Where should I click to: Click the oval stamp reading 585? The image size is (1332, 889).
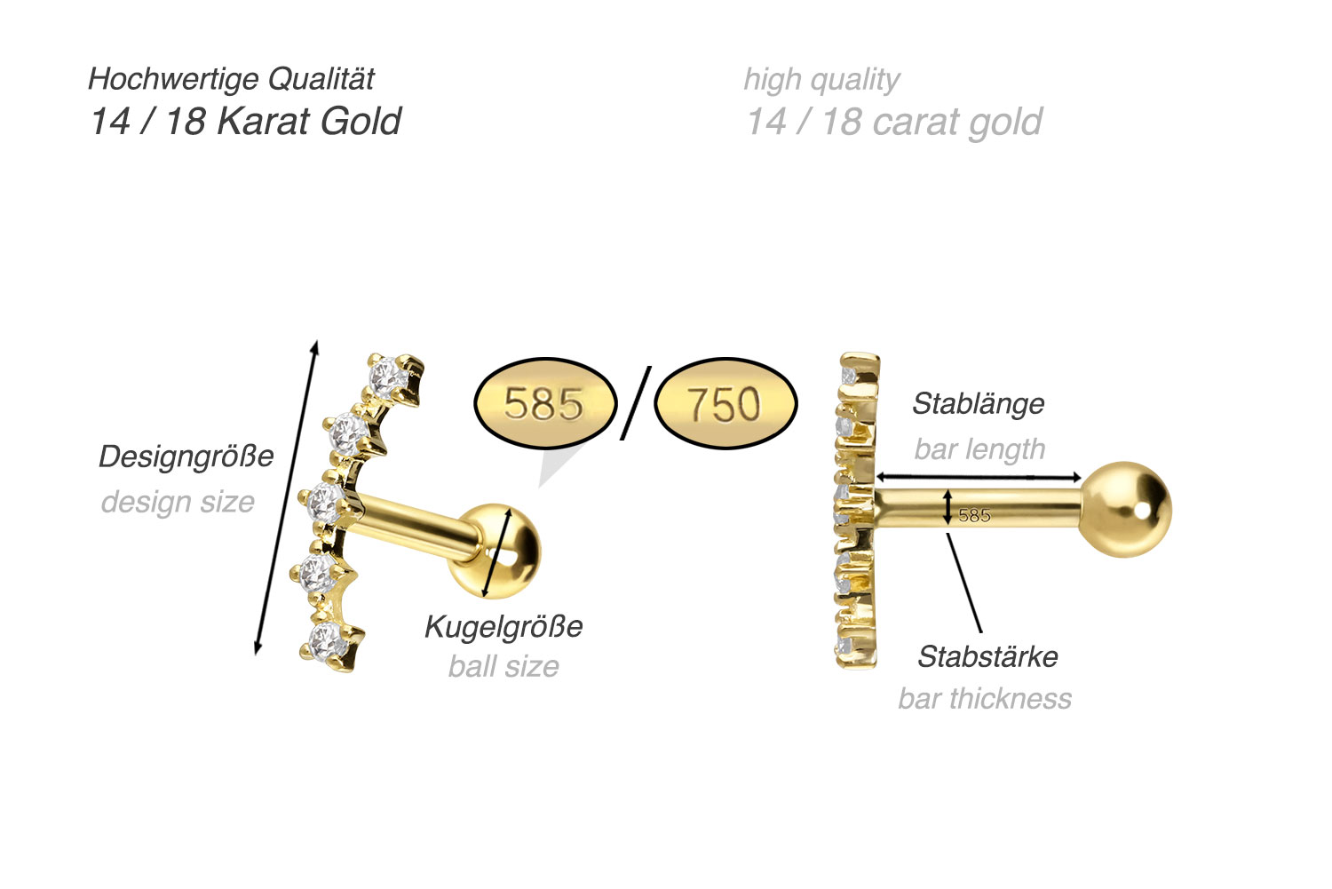click(545, 403)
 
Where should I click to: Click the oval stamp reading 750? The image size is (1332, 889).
click(725, 403)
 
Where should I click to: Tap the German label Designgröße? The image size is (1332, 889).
click(186, 457)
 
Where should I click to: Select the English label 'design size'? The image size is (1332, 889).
click(178, 503)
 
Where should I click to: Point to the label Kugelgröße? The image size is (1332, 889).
click(503, 627)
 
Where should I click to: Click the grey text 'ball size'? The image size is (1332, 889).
click(503, 667)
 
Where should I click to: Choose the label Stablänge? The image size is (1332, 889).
click(979, 404)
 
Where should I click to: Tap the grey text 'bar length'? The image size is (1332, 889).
click(979, 449)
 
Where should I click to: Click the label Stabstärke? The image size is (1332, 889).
click(987, 657)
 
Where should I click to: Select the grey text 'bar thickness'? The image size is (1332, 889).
click(985, 699)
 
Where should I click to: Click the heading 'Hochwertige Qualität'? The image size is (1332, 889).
click(231, 79)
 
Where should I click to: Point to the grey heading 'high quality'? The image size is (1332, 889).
click(821, 80)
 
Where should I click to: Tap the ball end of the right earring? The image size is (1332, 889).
click(1126, 510)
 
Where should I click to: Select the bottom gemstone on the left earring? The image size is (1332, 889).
click(327, 642)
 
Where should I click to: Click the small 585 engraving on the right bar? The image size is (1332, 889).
click(975, 515)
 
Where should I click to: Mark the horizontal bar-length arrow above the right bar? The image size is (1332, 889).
click(979, 477)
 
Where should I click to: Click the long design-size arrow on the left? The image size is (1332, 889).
click(287, 497)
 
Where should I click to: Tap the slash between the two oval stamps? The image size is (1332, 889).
click(636, 403)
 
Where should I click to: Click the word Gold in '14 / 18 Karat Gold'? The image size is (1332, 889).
click(361, 122)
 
